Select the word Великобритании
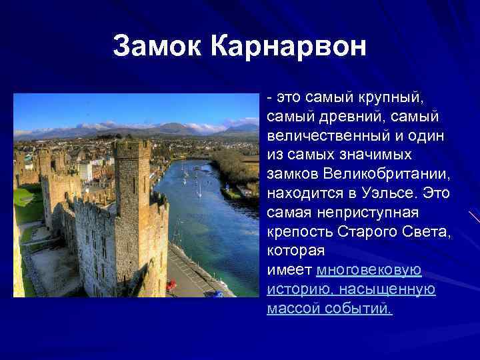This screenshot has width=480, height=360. [x=383, y=175]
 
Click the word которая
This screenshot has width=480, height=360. [x=295, y=251]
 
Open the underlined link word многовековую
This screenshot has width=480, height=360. [x=369, y=271]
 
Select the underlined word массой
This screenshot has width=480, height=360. [x=293, y=309]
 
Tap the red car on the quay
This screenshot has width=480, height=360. [x=171, y=285]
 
